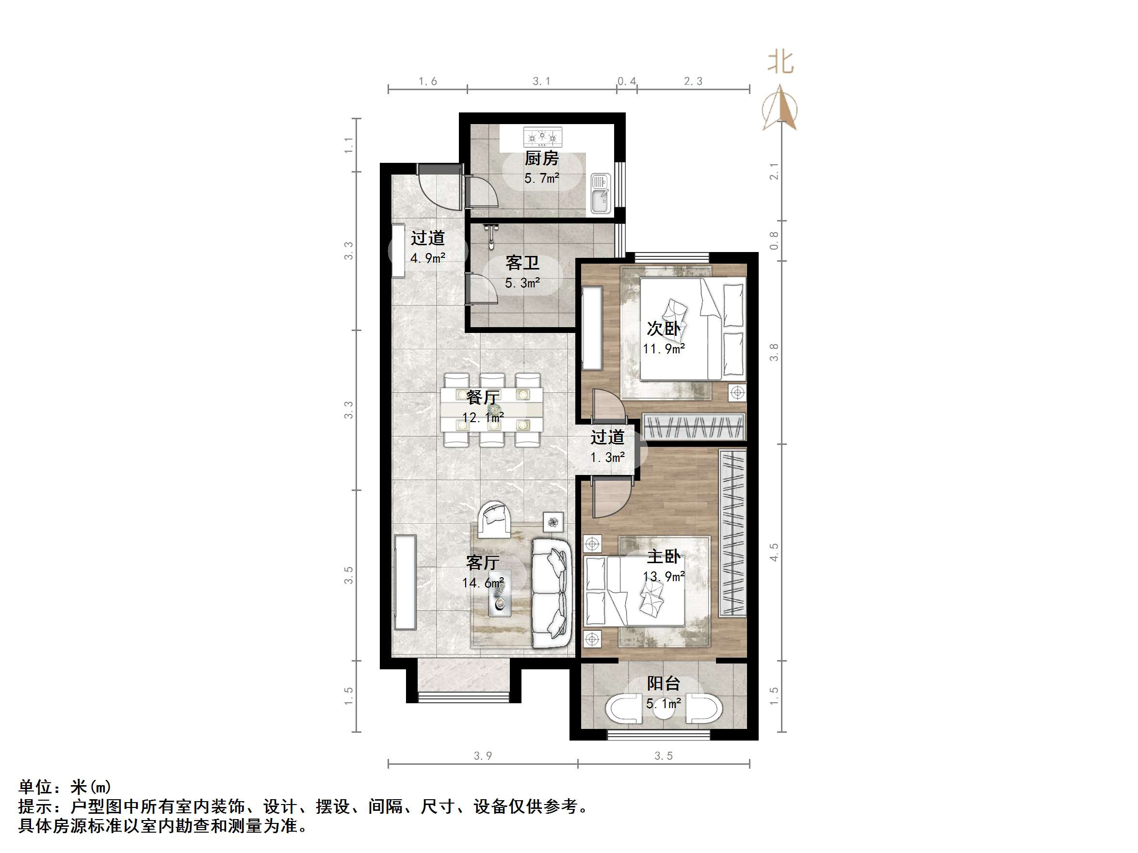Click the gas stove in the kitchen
[542, 137]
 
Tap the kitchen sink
[600, 193]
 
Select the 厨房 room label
[541, 158]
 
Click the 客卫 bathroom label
[522, 263]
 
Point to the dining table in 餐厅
[492, 410]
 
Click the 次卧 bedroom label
[664, 329]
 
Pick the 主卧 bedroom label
[664, 556]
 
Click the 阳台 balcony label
[664, 683]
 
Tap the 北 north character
[780, 63]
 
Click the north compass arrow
[780, 109]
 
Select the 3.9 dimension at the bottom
[483, 756]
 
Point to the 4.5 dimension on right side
[774, 552]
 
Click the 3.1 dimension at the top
[541, 81]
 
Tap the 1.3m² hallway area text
[608, 457]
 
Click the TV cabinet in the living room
[405, 582]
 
